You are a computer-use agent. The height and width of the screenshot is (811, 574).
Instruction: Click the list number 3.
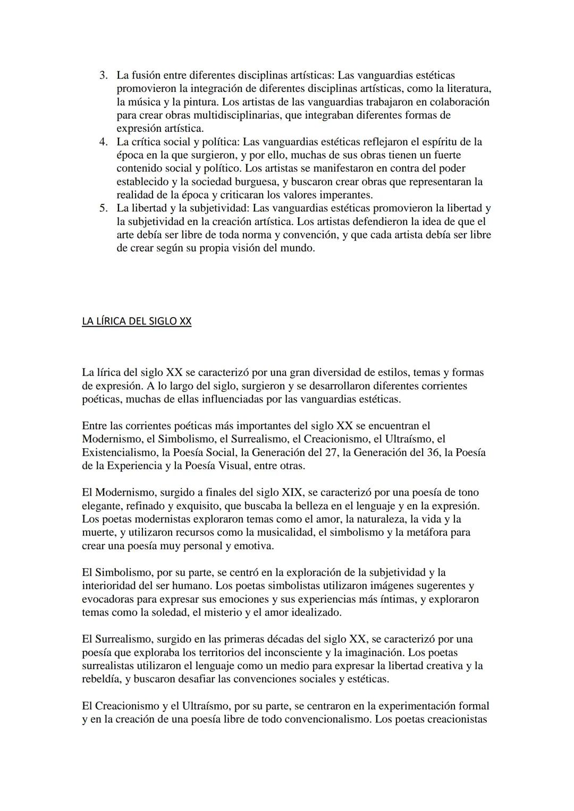coord(104,75)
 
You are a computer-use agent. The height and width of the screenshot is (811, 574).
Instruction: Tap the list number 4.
coord(104,142)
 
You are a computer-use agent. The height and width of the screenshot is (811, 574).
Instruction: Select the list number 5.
coord(104,208)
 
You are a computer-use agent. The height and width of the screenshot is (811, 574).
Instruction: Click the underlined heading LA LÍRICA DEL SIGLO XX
coord(137,321)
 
